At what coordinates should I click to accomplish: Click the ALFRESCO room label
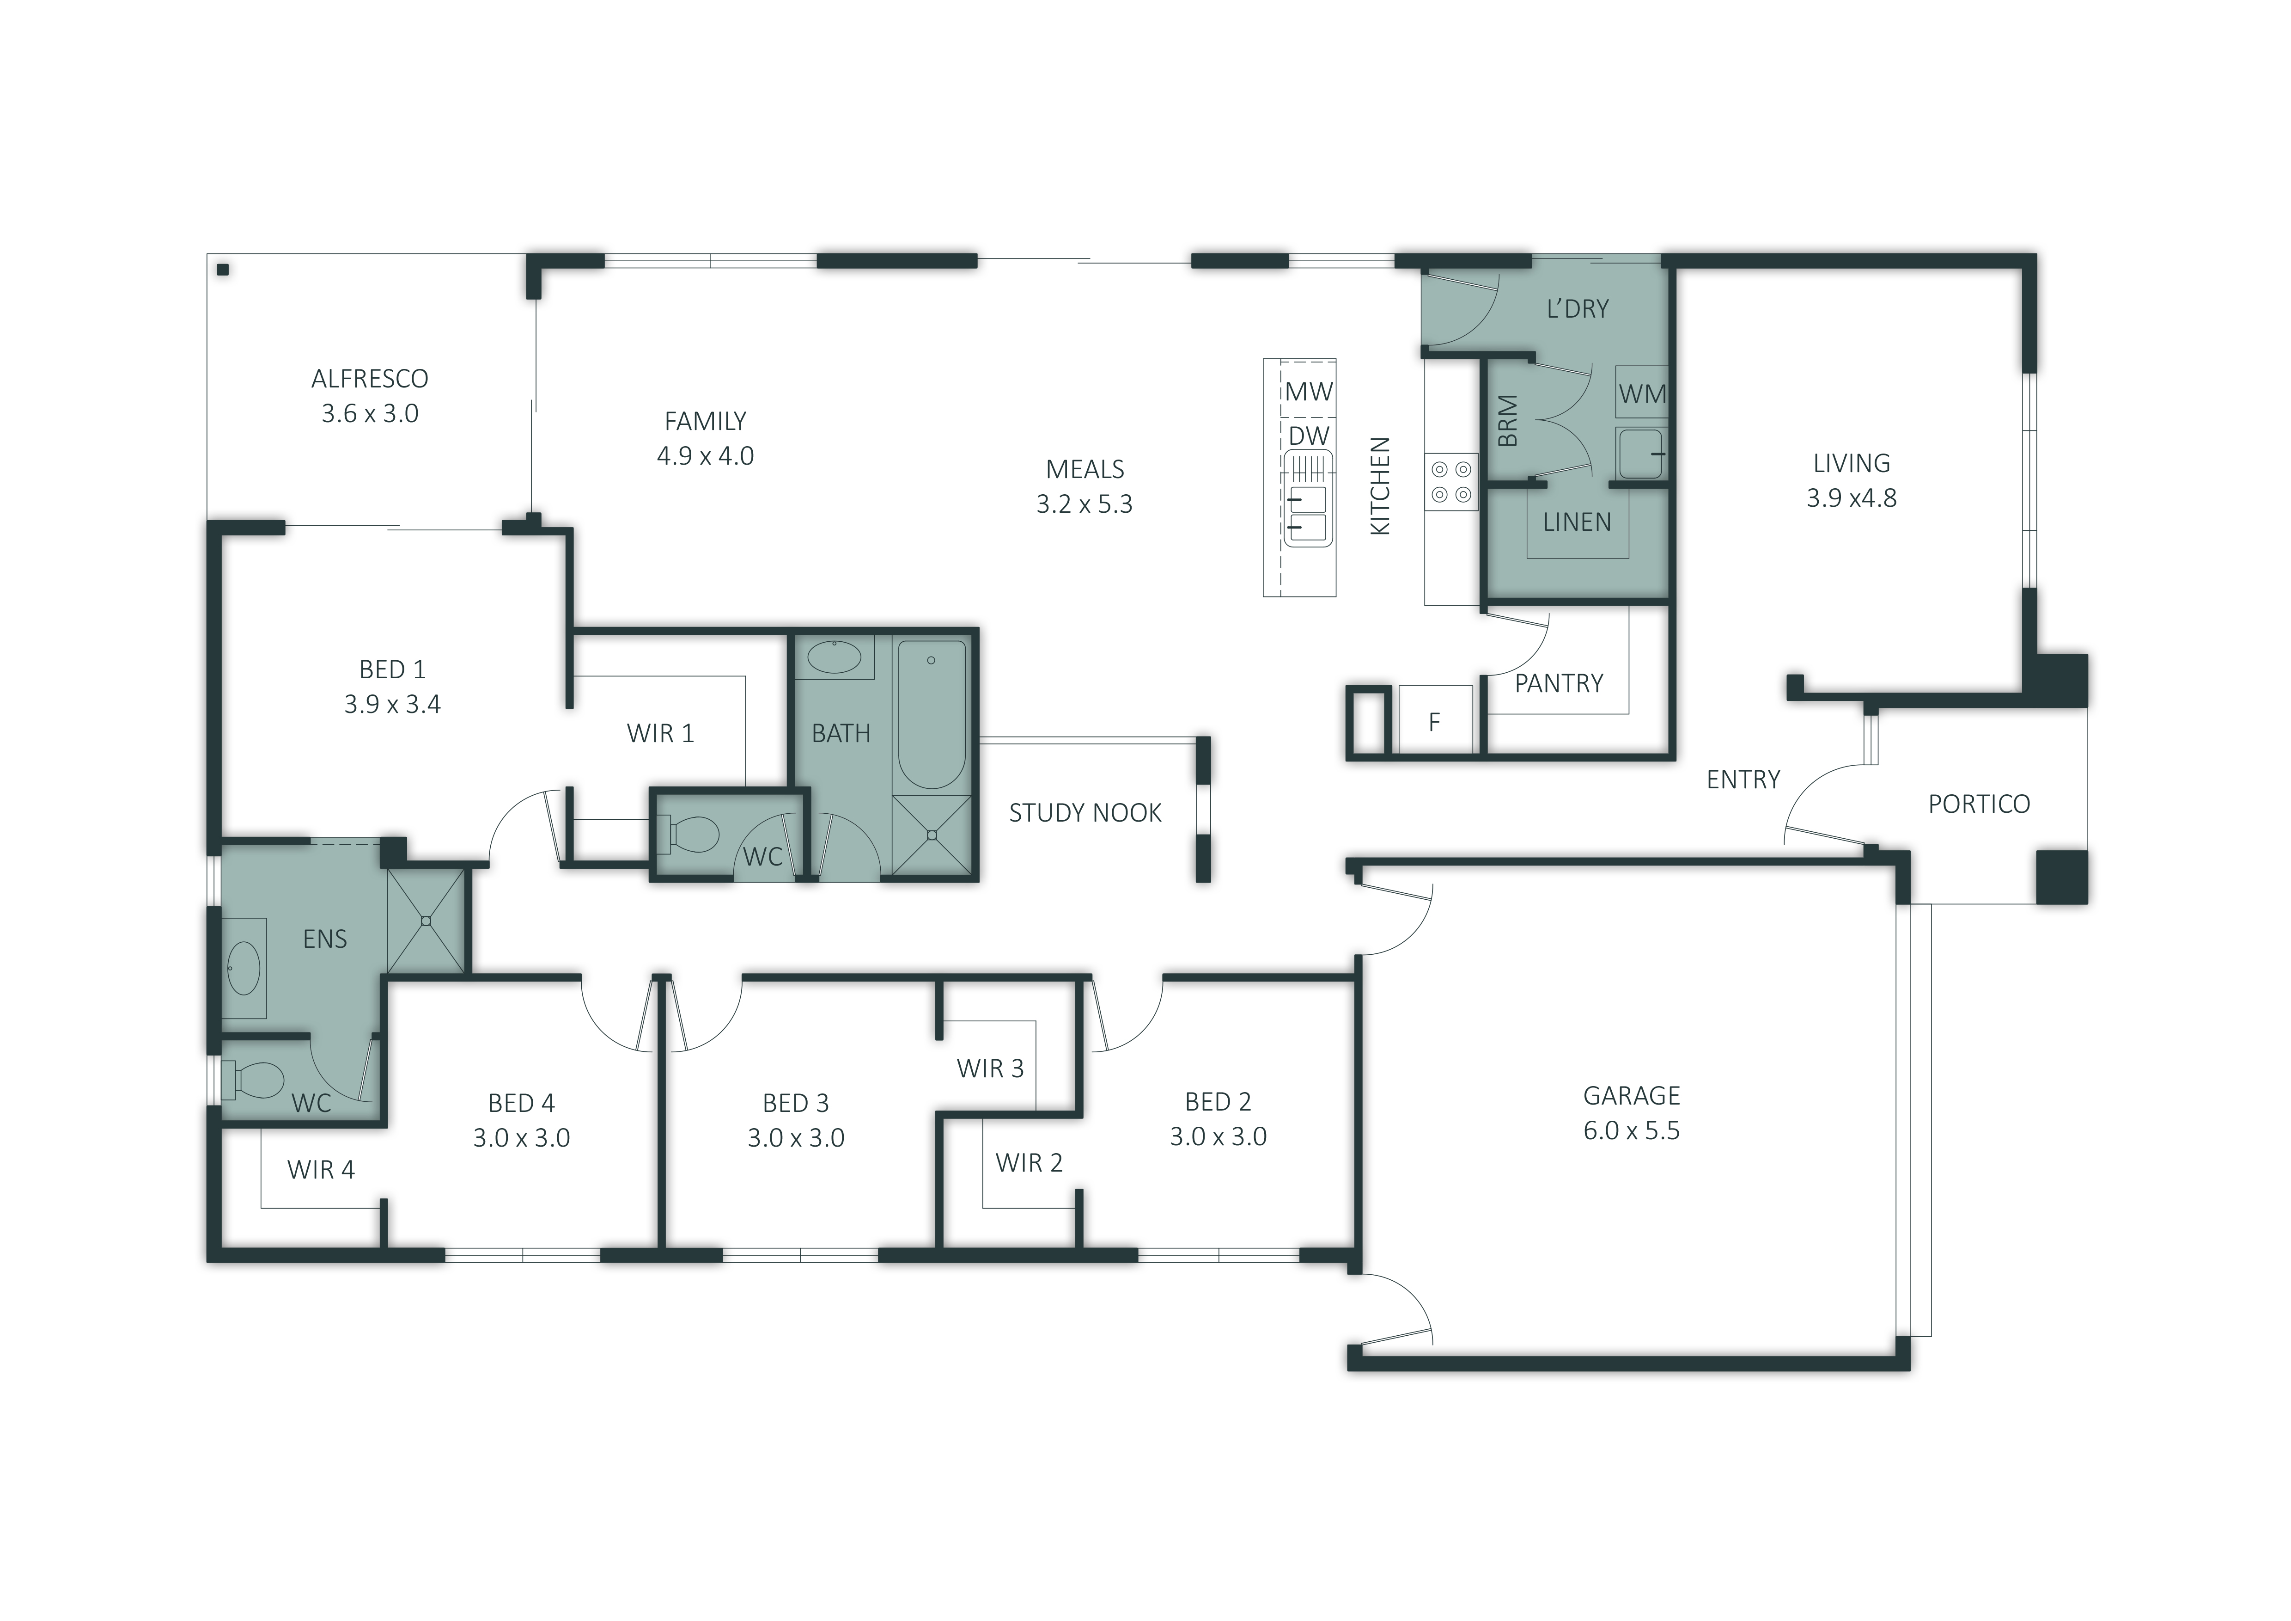370,378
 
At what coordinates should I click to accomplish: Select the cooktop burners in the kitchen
1451,480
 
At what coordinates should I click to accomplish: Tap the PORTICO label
1979,804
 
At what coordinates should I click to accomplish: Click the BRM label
1508,420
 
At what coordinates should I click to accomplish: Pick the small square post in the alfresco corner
223,270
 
